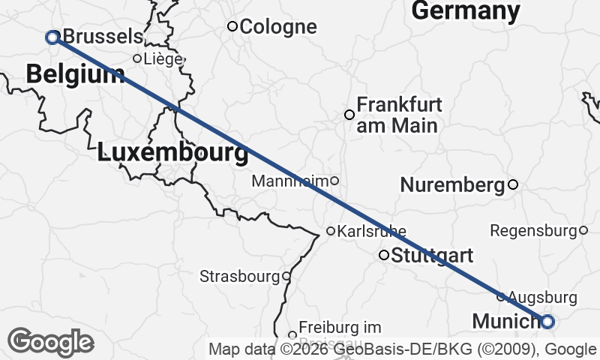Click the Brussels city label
103,36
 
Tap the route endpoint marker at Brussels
52,37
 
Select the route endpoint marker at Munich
547,322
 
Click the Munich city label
505,322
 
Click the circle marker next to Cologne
232,27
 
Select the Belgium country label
75,73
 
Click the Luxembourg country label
172,153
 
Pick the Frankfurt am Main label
399,115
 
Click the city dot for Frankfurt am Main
349,115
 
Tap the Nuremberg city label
451,184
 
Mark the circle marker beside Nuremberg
513,184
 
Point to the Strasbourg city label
239,277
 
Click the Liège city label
163,58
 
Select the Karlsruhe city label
372,231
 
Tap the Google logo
51,342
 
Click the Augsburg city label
544,298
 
